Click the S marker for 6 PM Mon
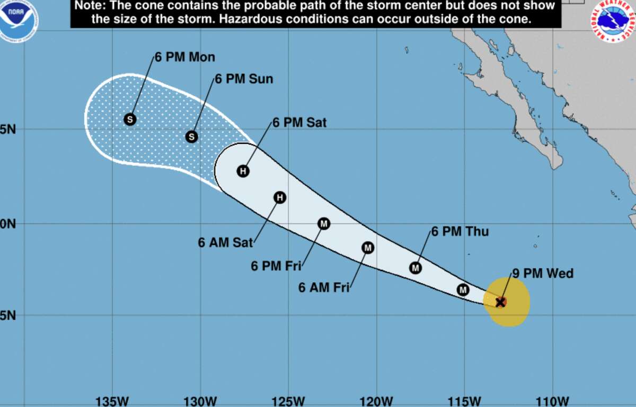[130, 119]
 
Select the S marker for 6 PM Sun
[192, 137]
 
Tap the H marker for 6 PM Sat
[243, 171]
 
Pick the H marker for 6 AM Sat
[280, 197]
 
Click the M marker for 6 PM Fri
[324, 223]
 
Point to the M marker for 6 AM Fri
[368, 247]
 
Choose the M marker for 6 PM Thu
[416, 268]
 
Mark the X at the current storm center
[500, 302]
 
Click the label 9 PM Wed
[543, 274]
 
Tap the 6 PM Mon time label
[185, 57]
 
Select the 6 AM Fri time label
[324, 288]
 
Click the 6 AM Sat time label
[225, 242]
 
